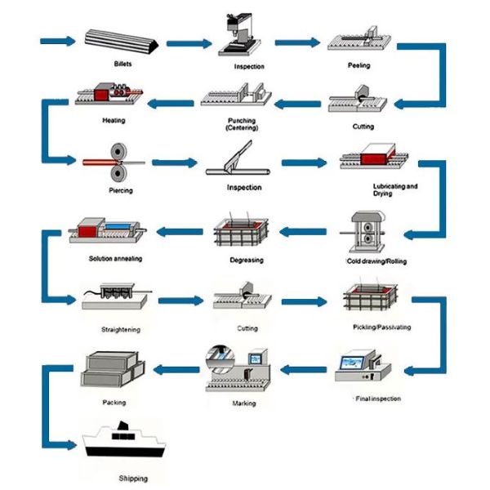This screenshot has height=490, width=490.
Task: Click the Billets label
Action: [122, 64]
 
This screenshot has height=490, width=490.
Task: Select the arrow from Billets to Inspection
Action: [189, 43]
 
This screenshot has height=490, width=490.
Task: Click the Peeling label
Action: [359, 65]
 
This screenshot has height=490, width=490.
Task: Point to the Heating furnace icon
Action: [109, 94]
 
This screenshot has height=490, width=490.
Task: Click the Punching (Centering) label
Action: [242, 124]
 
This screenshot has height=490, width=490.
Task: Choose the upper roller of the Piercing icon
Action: [118, 152]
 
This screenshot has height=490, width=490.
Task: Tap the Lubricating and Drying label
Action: [395, 189]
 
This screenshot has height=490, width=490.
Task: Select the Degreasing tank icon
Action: [241, 232]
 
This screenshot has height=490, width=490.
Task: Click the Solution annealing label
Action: [115, 258]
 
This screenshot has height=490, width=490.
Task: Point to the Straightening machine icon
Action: [116, 296]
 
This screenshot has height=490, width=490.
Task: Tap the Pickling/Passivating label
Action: [382, 327]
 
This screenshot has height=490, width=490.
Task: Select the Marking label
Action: [244, 403]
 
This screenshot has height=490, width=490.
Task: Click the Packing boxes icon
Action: [113, 370]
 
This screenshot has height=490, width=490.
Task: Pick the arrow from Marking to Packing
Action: [176, 370]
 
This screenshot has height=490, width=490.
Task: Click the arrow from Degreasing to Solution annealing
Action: [180, 232]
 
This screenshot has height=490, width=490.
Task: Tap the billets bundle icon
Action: [122, 42]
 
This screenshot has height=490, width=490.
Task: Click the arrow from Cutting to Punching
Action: [297, 104]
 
